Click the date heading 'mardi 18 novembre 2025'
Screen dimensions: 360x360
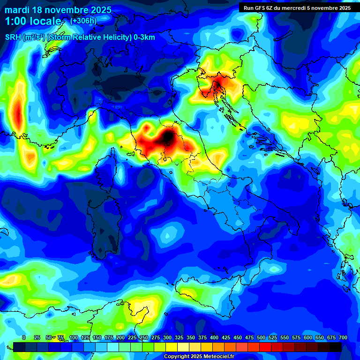click(58, 10)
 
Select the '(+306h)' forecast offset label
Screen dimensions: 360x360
click(83, 21)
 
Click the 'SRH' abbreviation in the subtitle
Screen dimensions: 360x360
click(13, 37)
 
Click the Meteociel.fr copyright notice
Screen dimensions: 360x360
click(199, 357)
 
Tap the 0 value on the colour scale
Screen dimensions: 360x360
click(24, 338)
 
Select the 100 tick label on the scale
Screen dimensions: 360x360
click(73, 338)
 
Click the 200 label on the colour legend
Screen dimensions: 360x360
click(120, 338)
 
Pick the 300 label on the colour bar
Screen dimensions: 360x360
click(167, 338)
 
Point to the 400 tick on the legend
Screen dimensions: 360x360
click(214, 338)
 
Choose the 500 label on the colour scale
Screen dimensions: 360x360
click(261, 338)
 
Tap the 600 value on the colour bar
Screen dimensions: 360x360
click(308, 338)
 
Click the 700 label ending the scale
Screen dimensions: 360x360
click(343, 338)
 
